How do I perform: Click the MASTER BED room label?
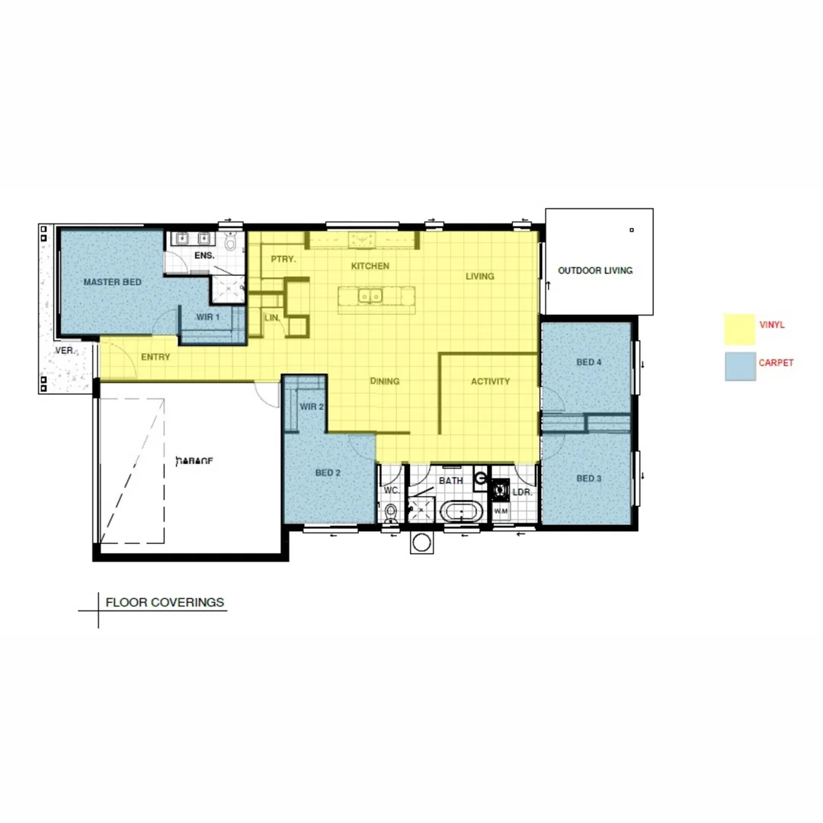[112, 282]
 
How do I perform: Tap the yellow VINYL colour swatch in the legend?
[738, 329]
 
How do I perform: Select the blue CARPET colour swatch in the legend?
[739, 367]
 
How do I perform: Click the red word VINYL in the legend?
[772, 325]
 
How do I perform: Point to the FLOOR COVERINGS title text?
[165, 602]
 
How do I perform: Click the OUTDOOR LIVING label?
[595, 271]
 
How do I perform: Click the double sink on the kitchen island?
[372, 296]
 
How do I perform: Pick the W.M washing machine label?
[501, 510]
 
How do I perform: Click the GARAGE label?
[194, 460]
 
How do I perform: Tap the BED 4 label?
[589, 363]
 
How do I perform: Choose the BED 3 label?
[589, 479]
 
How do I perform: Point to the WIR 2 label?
[312, 407]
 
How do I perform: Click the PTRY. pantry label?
[283, 259]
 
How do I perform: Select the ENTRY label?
[155, 357]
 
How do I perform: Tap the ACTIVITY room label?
[490, 381]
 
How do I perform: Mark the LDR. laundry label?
[521, 492]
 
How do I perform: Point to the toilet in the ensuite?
[232, 242]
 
